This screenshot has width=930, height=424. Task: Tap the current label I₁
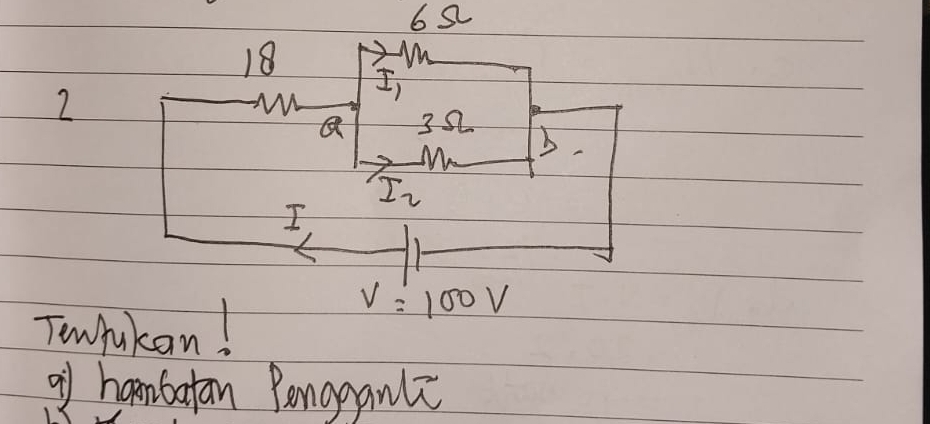[x=388, y=86]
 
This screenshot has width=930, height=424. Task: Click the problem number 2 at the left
[x=65, y=105]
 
